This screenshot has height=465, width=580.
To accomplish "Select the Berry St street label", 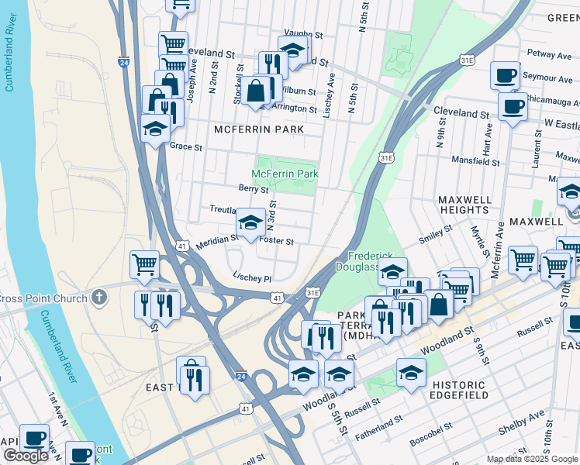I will pyautogui.click(x=253, y=188).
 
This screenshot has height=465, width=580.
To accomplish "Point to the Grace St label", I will pyautogui.click(x=185, y=146).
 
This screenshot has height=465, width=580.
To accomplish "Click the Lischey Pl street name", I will pyautogui.click(x=252, y=277).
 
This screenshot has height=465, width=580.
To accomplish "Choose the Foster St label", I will pyautogui.click(x=277, y=241).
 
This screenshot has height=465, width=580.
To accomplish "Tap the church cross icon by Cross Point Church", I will pyautogui.click(x=98, y=297).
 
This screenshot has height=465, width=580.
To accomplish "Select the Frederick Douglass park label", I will pyautogui.click(x=376, y=261).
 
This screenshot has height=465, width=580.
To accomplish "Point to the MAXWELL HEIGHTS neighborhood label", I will pyautogui.click(x=464, y=205).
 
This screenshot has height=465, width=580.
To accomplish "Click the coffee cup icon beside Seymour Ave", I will pyautogui.click(x=505, y=76).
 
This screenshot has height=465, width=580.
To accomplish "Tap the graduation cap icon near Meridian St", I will pyautogui.click(x=250, y=223).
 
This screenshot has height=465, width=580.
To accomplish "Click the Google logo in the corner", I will pyautogui.click(x=26, y=456).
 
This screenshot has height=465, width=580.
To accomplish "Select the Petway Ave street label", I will pyautogui.click(x=548, y=55).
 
